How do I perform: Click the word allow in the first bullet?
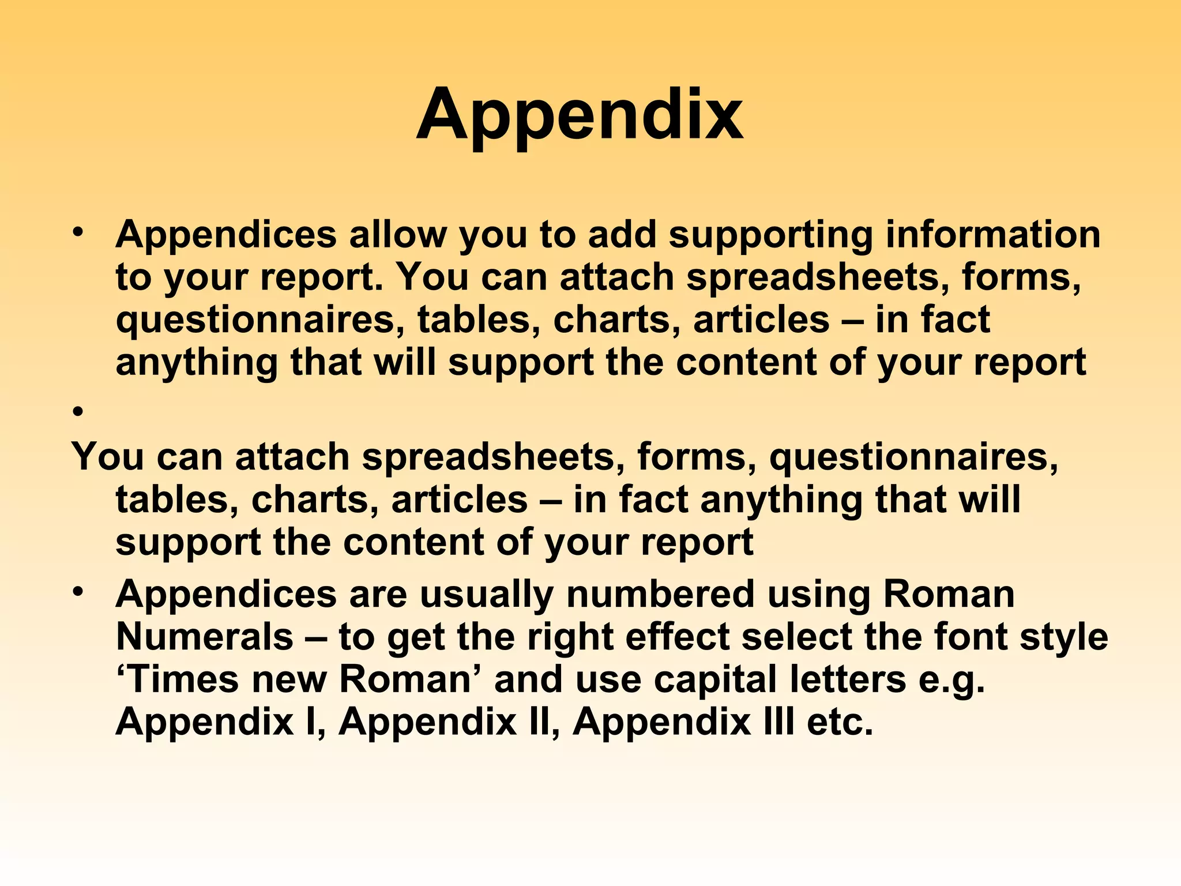pos(397,235)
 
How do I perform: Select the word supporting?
pos(770,236)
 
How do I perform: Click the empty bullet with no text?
pos(78,412)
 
